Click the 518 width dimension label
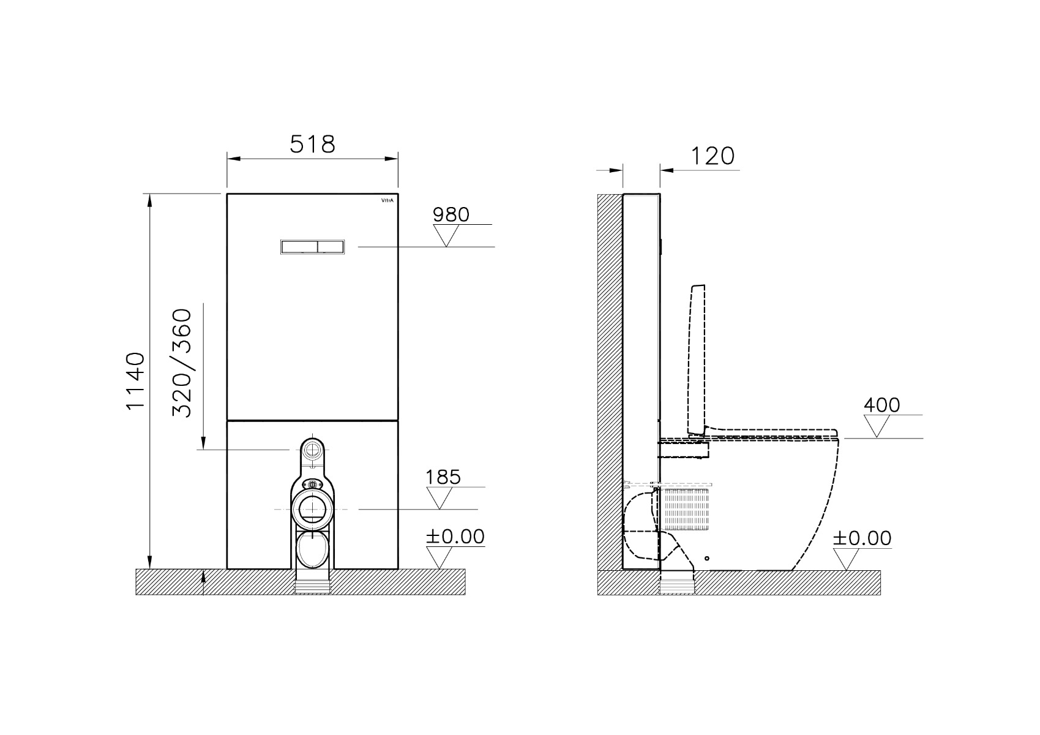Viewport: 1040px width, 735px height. [x=312, y=144]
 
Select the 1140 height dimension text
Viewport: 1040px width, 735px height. [x=136, y=381]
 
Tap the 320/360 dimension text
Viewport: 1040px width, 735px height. [x=182, y=363]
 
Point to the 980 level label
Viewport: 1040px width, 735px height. [x=451, y=214]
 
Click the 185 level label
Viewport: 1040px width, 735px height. [x=443, y=477]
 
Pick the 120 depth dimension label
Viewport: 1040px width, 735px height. [x=713, y=156]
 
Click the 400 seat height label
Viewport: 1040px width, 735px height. [x=881, y=405]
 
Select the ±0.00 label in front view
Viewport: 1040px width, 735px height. [x=455, y=537]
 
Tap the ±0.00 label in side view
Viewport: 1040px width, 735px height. [x=862, y=538]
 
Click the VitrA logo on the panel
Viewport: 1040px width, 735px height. [x=387, y=201]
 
